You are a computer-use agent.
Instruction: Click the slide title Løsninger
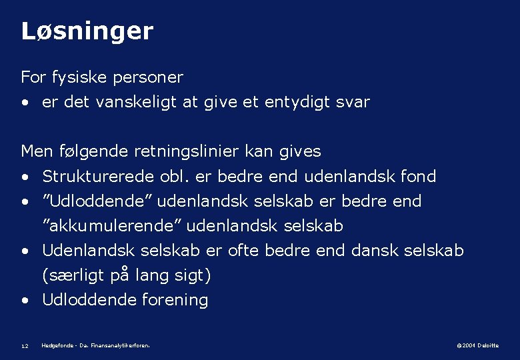pos(87,31)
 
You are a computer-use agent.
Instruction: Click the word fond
pos(419,177)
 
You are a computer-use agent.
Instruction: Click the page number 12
pos(25,346)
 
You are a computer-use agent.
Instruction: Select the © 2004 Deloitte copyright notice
pos(477,345)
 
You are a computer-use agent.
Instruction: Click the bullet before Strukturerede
pos(25,177)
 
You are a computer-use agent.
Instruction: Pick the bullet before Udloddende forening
pos(25,301)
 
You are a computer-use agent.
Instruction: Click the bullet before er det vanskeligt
pos(25,103)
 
